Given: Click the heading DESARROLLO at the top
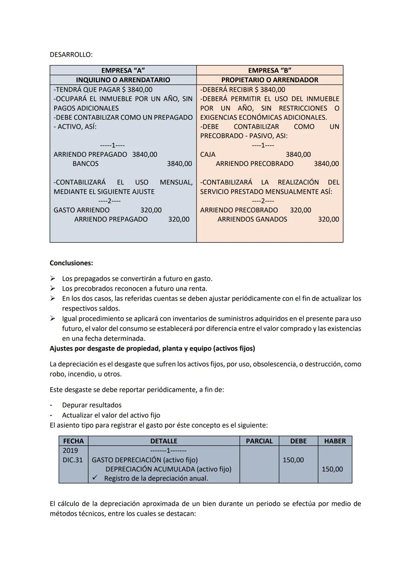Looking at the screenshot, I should pyautogui.click(x=71, y=54).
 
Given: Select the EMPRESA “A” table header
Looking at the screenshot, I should pyautogui.click(x=123, y=70).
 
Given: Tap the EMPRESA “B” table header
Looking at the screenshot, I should pyautogui.click(x=269, y=70).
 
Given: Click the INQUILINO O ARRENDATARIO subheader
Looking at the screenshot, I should pyautogui.click(x=123, y=80).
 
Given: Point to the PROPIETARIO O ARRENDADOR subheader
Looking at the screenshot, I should pyautogui.click(x=269, y=80).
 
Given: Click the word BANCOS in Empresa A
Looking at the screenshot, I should pyautogui.click(x=86, y=164).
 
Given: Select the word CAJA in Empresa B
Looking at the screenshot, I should pyautogui.click(x=208, y=154).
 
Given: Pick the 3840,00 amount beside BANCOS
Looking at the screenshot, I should pyautogui.click(x=179, y=164).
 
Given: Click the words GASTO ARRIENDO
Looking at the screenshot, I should pyautogui.click(x=81, y=210).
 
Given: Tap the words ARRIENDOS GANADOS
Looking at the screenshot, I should pyautogui.click(x=252, y=219).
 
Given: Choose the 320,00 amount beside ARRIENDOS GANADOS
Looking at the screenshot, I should pyautogui.click(x=328, y=219).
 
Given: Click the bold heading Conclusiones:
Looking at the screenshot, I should pyautogui.click(x=71, y=263).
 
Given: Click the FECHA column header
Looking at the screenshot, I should pyautogui.click(x=73, y=441).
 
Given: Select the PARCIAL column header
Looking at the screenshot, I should pyautogui.click(x=259, y=441).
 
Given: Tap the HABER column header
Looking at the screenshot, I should pyautogui.click(x=335, y=441).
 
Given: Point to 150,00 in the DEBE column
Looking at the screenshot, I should pyautogui.click(x=293, y=460).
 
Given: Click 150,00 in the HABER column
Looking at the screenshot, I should pyautogui.click(x=332, y=469).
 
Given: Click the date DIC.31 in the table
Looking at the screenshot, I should pyautogui.click(x=73, y=460).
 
